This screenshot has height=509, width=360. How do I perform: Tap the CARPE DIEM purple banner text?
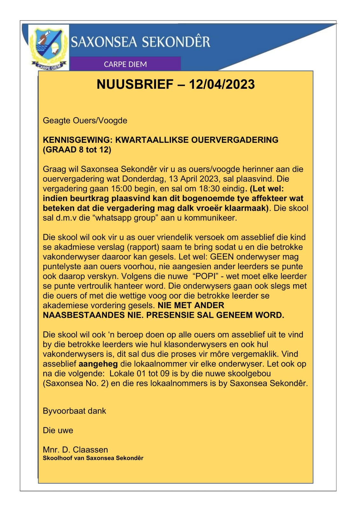125,64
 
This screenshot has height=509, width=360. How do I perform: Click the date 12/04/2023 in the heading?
222,84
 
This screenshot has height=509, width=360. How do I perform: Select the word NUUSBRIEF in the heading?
135,84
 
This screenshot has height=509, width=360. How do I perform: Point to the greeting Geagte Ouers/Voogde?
85,121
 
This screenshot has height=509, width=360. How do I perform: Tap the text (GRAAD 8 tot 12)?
77,150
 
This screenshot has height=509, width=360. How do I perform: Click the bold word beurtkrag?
91,199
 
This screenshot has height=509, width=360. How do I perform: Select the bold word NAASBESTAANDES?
84,315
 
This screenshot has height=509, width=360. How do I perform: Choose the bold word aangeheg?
98,364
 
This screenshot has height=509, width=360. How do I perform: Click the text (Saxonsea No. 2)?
76,383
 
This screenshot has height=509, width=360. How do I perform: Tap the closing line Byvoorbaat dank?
74,411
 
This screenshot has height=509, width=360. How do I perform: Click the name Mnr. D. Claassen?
75,450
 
